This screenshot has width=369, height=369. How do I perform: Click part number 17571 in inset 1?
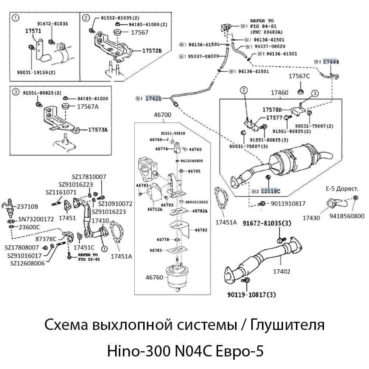(x=33, y=31)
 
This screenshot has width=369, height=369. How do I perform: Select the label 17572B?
(x=152, y=51)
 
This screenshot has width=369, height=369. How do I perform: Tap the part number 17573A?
(x=98, y=130)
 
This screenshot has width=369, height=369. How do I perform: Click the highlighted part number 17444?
(x=331, y=62)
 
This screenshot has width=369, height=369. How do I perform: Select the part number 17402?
(x=282, y=271)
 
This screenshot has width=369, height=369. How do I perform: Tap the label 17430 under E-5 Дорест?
(x=311, y=218)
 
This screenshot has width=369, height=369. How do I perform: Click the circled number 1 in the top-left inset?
(x=15, y=17)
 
